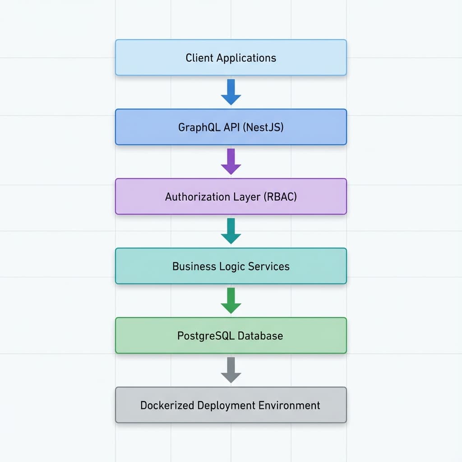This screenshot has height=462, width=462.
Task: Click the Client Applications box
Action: tap(231, 57)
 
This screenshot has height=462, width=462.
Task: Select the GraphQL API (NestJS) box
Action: tap(231, 127)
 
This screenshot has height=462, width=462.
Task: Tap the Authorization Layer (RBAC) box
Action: tap(231, 196)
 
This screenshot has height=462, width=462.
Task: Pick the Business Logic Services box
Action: tap(231, 266)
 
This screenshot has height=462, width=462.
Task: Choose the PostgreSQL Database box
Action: tap(231, 335)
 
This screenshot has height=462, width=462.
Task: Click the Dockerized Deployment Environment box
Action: tap(231, 405)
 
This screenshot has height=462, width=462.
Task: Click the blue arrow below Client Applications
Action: tap(231, 92)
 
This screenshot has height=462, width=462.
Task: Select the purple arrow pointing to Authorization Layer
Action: tap(231, 162)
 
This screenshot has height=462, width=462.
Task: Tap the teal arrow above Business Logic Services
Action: tap(231, 231)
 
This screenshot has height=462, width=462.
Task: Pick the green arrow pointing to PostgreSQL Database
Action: tap(231, 300)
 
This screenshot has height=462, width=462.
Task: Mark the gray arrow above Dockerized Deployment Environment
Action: tap(231, 370)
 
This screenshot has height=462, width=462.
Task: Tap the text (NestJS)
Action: tap(263, 127)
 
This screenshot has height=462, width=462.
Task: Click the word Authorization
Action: tap(197, 197)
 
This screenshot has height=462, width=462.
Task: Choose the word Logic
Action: tap(233, 266)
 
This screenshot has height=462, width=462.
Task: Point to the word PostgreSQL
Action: tap(205, 336)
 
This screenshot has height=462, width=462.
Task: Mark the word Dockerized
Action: tap(167, 405)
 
